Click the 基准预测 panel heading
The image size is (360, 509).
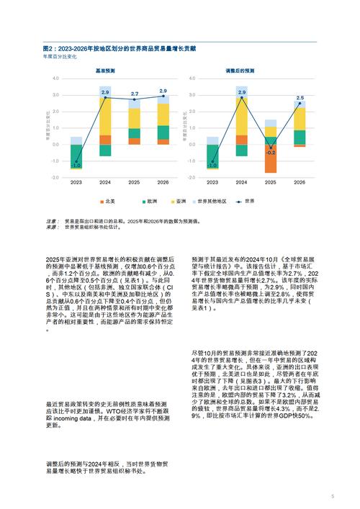(106, 71)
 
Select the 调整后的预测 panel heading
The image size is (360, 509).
(240, 71)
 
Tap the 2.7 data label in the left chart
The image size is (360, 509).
(135, 94)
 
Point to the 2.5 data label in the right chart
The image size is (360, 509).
(300, 97)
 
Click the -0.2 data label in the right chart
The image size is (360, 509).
(271, 153)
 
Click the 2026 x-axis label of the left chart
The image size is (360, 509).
(164, 182)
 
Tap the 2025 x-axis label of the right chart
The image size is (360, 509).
(270, 182)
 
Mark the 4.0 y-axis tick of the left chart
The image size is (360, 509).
(55, 78)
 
